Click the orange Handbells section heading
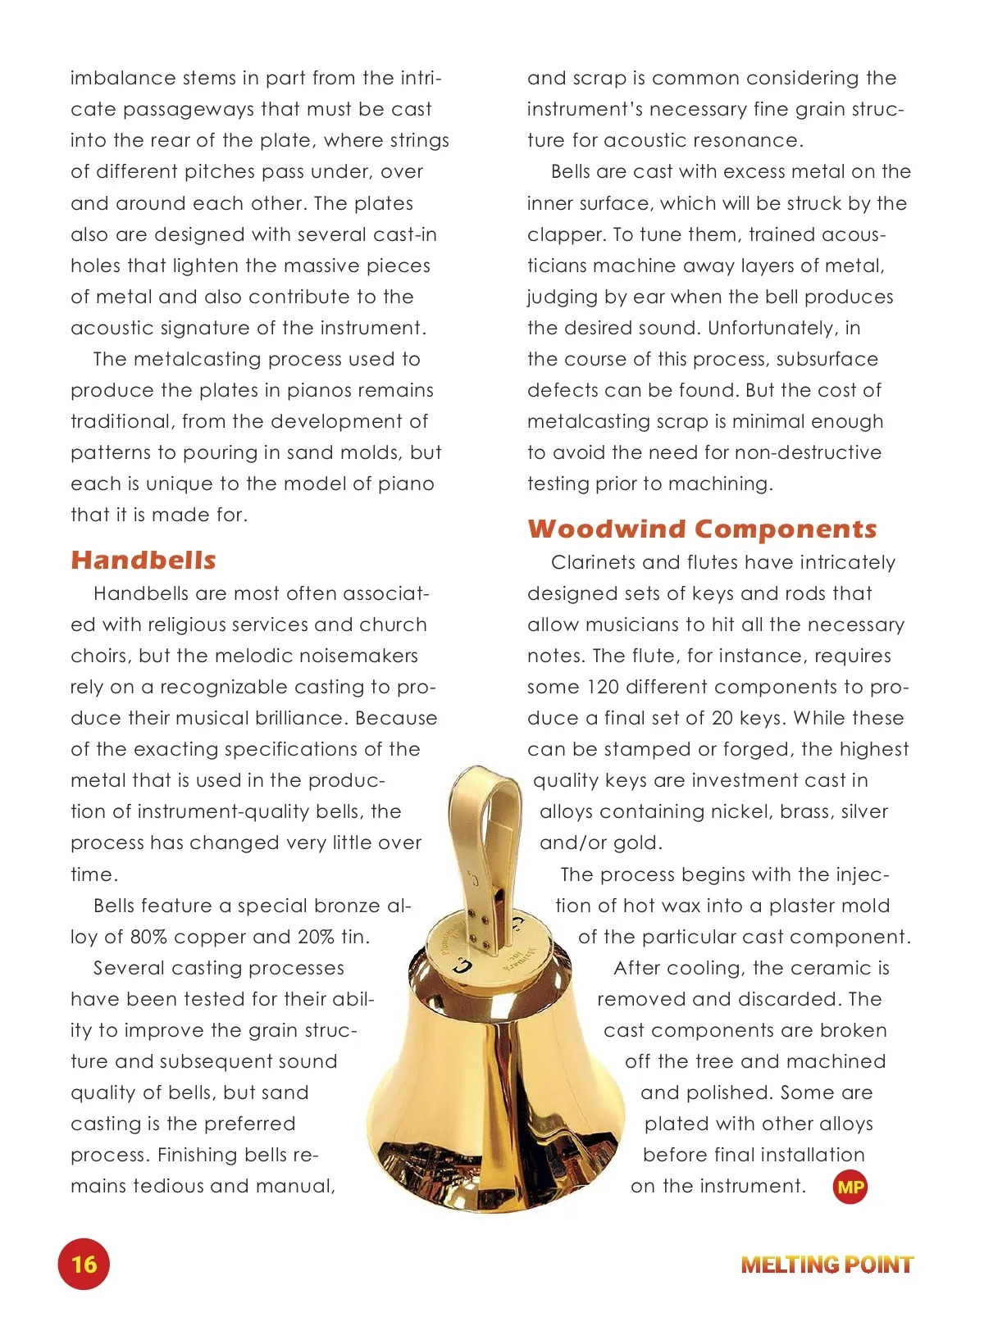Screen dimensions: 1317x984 click(143, 561)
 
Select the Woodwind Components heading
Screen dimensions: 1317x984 click(702, 529)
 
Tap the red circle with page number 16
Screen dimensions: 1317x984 click(84, 1264)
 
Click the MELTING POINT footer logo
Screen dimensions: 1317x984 click(827, 1265)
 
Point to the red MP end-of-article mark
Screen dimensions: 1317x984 click(850, 1187)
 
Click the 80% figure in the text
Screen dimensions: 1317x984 click(148, 937)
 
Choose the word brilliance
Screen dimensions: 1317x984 click(296, 718)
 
